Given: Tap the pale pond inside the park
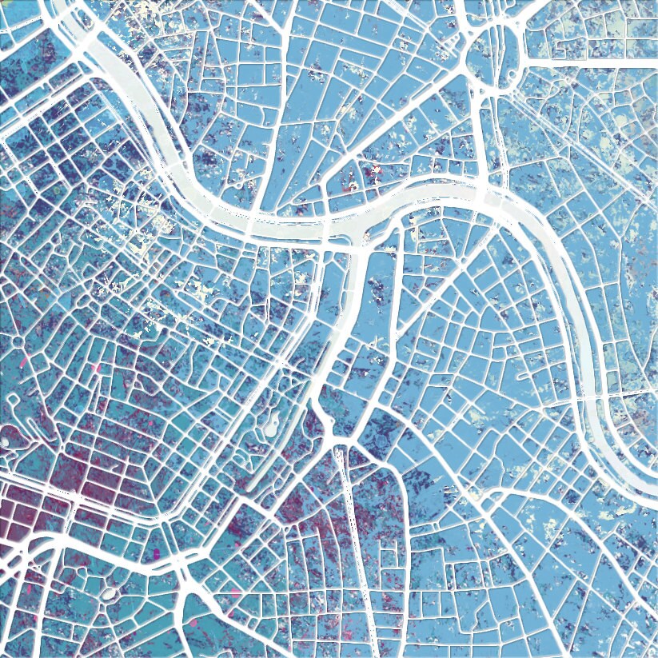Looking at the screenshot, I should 269,423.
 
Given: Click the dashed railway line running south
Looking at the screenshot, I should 351,520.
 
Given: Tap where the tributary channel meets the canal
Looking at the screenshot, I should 360,240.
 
